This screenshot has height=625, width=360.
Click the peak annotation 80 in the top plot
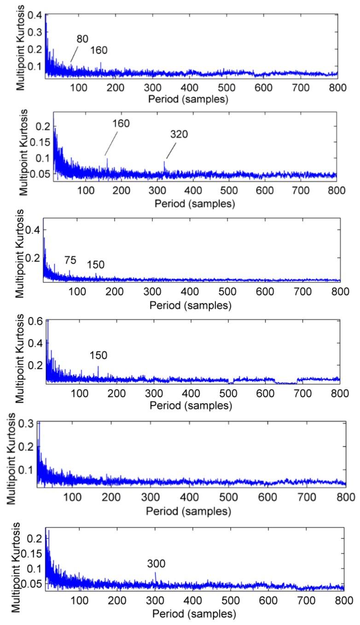click(82, 40)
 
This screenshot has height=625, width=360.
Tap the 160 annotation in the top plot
click(99, 51)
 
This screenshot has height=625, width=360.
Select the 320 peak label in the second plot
click(179, 134)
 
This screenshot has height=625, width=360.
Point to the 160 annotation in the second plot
click(121, 123)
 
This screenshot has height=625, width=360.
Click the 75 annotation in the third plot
click(70, 261)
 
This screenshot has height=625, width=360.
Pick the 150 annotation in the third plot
click(96, 265)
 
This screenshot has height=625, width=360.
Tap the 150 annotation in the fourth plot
click(98, 355)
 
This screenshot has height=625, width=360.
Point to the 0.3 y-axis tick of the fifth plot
click(26, 424)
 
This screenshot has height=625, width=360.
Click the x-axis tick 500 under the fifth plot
click(229, 498)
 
